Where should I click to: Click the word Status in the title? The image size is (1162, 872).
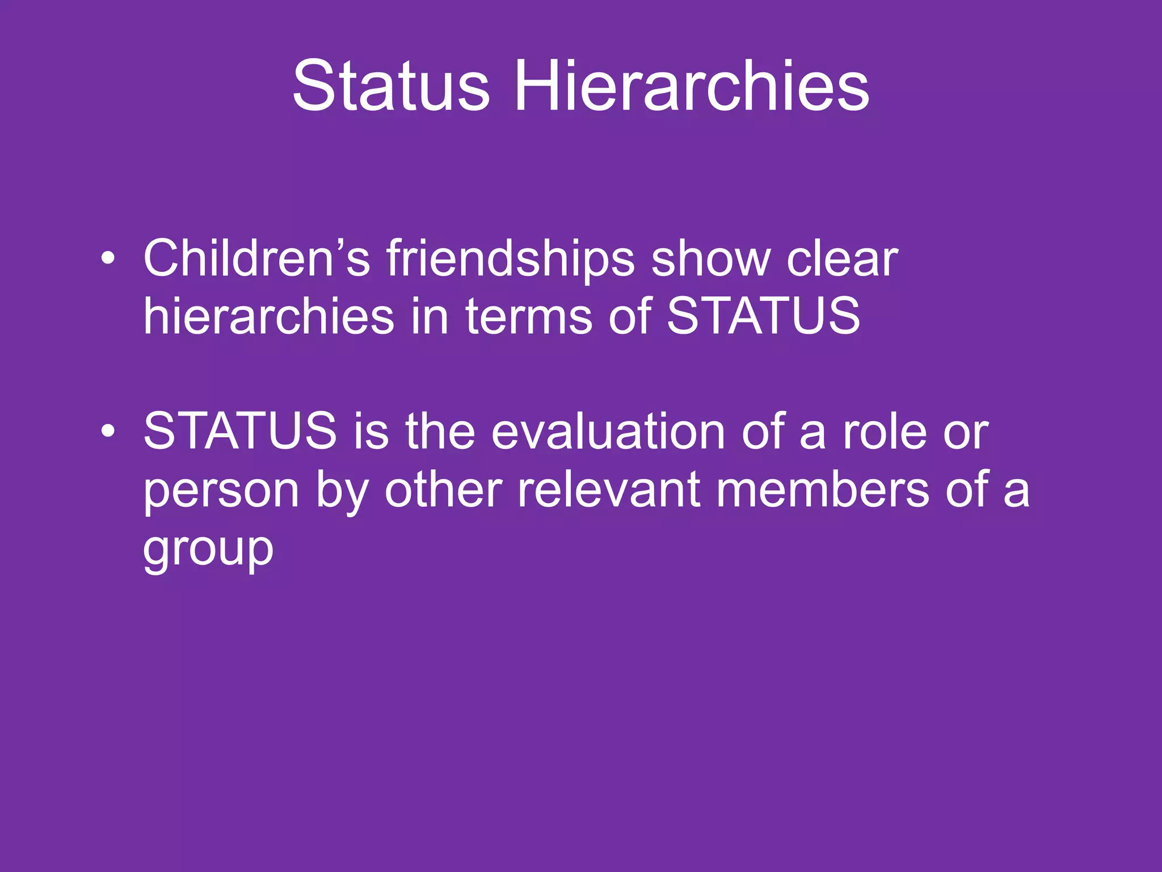pos(391,87)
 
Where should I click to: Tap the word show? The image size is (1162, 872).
pos(710,258)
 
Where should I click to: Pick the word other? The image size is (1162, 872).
pos(443,489)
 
